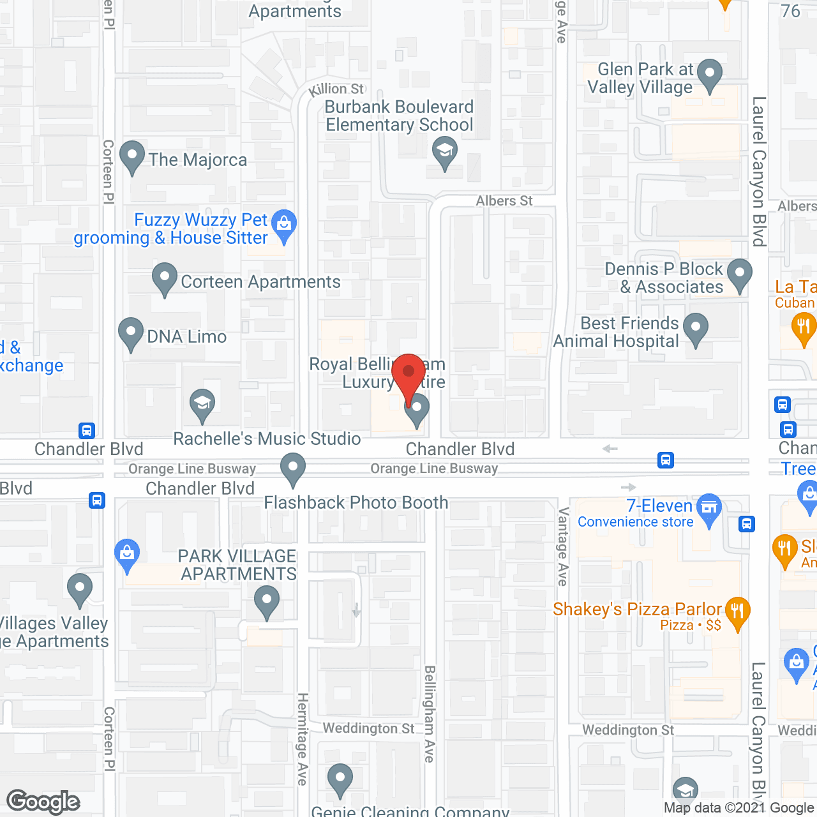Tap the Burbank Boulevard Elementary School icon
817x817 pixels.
coord(444,153)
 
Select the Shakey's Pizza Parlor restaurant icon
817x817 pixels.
coord(737,611)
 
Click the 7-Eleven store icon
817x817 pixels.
coord(708,509)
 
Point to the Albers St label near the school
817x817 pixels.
coord(504,201)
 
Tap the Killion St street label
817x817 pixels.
coord(336,90)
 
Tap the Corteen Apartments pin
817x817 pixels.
coord(165,278)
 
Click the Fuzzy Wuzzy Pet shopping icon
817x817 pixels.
coord(284,224)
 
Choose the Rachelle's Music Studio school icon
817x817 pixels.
coord(202,404)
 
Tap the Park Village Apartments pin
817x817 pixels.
coord(267,601)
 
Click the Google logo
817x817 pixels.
coord(43,802)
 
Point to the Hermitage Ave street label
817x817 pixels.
coord(302,738)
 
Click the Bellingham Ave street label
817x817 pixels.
coord(430,714)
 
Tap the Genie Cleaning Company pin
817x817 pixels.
coord(340,779)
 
